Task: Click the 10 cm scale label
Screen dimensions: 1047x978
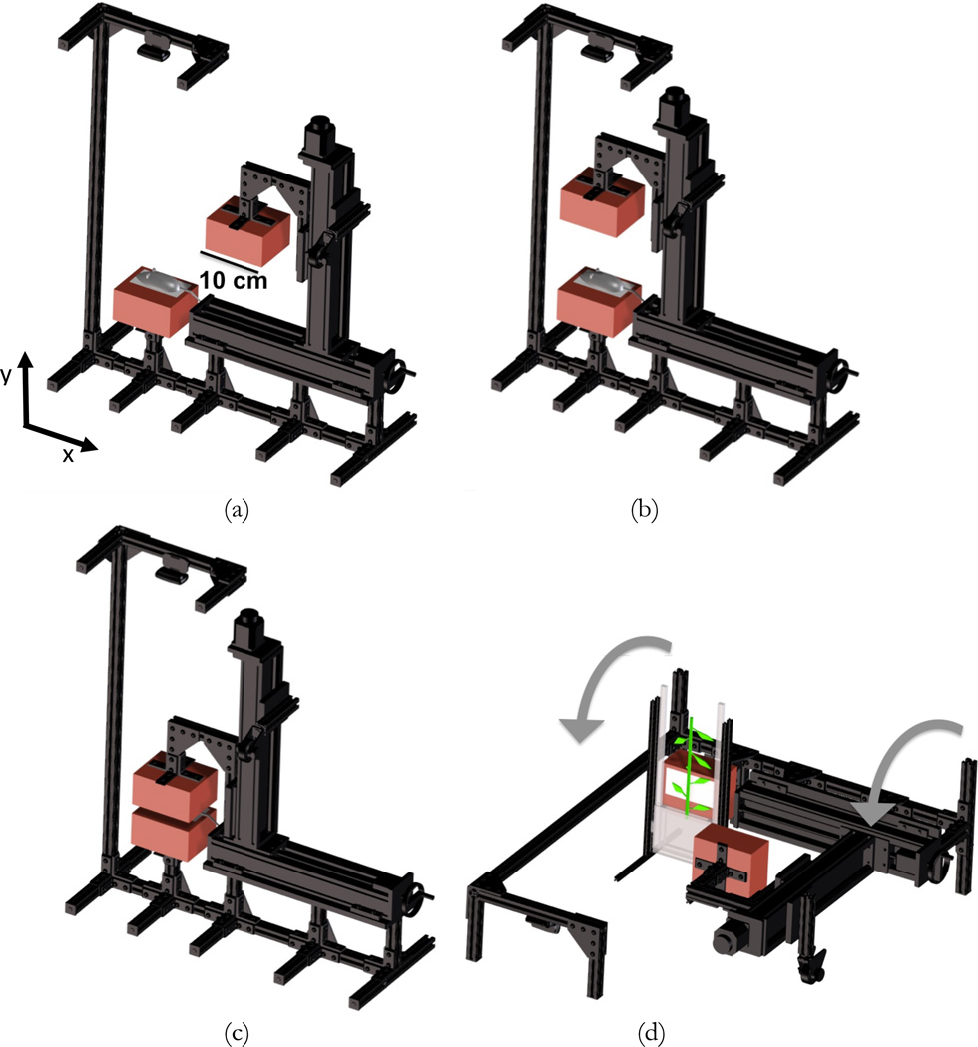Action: [x=232, y=281]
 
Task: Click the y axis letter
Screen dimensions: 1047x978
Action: [x=9, y=374]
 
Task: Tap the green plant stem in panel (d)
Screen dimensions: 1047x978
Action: [x=690, y=773]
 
